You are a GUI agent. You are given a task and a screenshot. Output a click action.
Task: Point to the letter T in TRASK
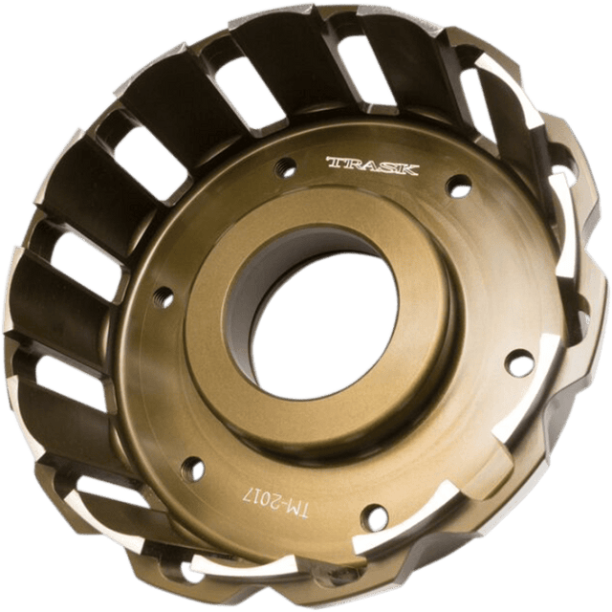pos(334,162)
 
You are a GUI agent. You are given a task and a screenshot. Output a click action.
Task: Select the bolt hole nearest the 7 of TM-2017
pos(195,468)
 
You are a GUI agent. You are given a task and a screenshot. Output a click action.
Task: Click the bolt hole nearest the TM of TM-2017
pos(376,516)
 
